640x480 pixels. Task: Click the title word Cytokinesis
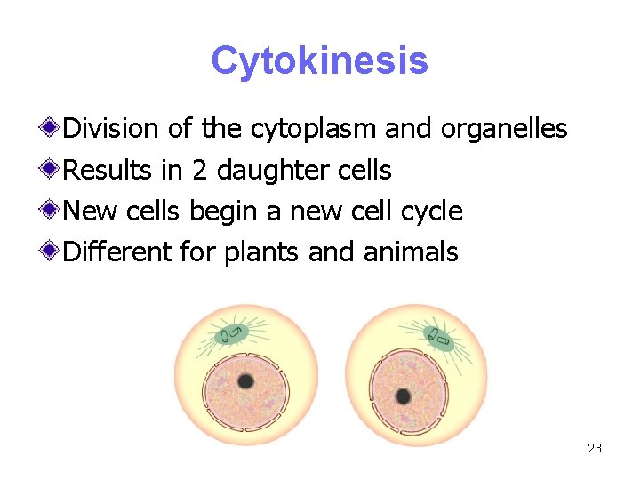[x=319, y=61]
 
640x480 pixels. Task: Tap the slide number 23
[x=595, y=448]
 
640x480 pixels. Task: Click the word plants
[x=262, y=252]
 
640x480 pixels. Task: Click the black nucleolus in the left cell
[x=244, y=381]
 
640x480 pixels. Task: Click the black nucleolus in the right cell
[x=403, y=396]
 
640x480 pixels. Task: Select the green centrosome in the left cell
[x=232, y=334]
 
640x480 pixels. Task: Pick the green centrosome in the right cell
[x=439, y=338]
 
